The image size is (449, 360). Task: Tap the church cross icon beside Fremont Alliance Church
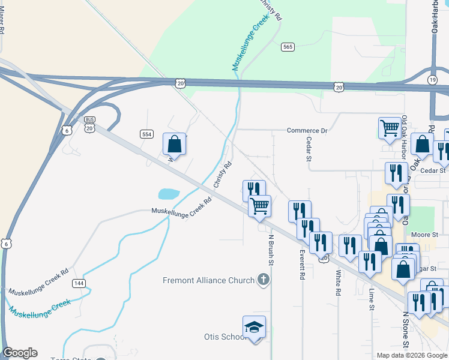263,280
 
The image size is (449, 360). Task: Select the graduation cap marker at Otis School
254,327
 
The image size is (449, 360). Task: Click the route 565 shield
288,47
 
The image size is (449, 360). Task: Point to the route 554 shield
146,133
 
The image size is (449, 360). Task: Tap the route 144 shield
77,282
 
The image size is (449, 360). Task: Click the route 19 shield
433,79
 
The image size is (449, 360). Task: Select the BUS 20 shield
90,124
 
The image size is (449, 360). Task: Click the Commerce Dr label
307,130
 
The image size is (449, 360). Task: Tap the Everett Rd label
302,265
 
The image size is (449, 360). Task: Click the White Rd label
339,281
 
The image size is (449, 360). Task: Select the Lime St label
372,298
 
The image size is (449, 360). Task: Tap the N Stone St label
406,329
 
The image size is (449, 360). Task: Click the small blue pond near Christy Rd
169,194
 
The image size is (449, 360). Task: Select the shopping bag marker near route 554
174,144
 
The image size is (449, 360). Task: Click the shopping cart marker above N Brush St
259,206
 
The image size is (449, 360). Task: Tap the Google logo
20,353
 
